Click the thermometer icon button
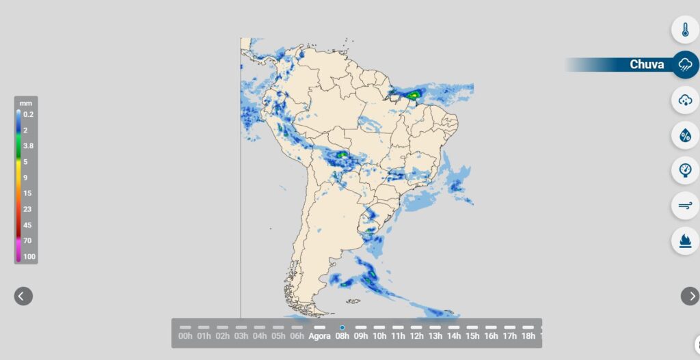pyautogui.click(x=685, y=30)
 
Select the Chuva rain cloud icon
pyautogui.click(x=685, y=65)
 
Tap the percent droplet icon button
pyautogui.click(x=685, y=136)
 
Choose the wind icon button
pyautogui.click(x=685, y=205)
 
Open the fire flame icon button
pyautogui.click(x=685, y=240)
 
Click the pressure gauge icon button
pyautogui.click(x=685, y=170)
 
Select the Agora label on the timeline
pyautogui.click(x=319, y=336)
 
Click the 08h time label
pyautogui.click(x=342, y=336)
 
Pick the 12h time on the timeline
pyautogui.click(x=416, y=336)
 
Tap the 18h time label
pyautogui.click(x=528, y=336)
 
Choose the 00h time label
pyautogui.click(x=185, y=336)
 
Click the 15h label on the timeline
pyautogui.click(x=472, y=336)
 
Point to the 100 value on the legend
pyautogui.click(x=29, y=257)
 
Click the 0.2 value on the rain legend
pyautogui.click(x=28, y=115)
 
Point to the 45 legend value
pyautogui.click(x=27, y=225)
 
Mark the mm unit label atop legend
pyautogui.click(x=26, y=103)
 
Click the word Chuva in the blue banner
pyautogui.click(x=647, y=65)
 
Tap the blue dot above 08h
pyautogui.click(x=342, y=328)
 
